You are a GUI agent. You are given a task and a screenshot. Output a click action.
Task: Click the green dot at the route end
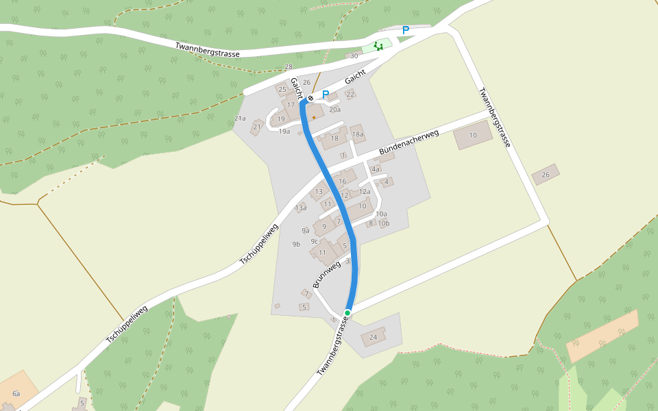348,313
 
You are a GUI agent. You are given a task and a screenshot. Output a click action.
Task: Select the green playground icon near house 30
378,46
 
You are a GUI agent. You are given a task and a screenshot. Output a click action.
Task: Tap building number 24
374,337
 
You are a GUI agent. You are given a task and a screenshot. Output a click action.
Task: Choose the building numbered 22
350,95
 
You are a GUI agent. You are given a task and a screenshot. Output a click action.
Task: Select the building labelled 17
291,105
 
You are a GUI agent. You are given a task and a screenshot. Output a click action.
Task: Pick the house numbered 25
282,89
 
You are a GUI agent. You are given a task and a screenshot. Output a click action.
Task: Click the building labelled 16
342,181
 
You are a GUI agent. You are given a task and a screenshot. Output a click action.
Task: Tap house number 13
319,192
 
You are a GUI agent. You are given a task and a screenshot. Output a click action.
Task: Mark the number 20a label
334,110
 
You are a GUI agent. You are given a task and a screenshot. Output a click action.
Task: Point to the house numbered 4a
376,169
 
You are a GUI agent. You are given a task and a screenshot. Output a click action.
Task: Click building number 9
324,226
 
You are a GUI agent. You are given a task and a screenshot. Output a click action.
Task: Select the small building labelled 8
371,223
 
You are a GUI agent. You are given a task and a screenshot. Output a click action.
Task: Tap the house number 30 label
354,56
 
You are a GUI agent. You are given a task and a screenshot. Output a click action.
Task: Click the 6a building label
16,394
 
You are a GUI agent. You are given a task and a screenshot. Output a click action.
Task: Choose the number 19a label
284,131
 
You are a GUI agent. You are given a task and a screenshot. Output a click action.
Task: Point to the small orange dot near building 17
314,117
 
